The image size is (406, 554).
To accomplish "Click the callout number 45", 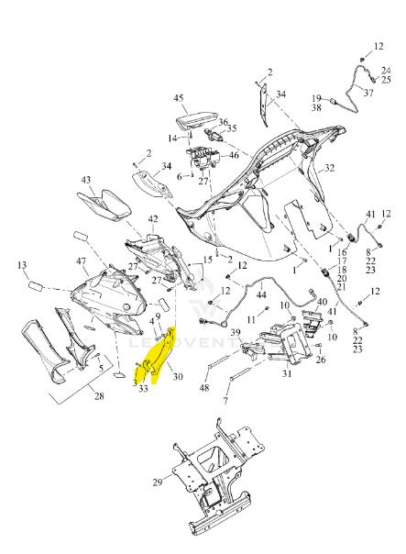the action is pos(179,97).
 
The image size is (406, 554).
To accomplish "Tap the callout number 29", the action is pos(158,482).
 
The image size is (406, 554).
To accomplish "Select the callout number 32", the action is pos(329,168).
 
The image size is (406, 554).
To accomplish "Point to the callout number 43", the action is pos(86,180).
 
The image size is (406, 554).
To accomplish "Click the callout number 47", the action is pos(82,261).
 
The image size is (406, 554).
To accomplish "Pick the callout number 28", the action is pos(99,395).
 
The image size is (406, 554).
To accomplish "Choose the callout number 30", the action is pos(178,377).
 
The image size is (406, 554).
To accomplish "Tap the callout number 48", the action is pos(204,388).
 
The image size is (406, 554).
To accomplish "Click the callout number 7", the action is pos(225,400).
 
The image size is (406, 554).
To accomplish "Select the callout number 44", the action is pos(261,294).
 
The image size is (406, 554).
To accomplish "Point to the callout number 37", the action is pos(368,93).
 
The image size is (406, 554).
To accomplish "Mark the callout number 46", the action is pos(234,155).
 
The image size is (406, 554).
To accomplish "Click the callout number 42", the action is pos(153,219).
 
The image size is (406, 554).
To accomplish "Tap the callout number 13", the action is pos(22,265).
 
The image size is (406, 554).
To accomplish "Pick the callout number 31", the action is pos(287,372).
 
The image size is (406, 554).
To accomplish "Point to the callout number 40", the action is pos(323,302).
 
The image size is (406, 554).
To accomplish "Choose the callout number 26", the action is pos(321,360).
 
